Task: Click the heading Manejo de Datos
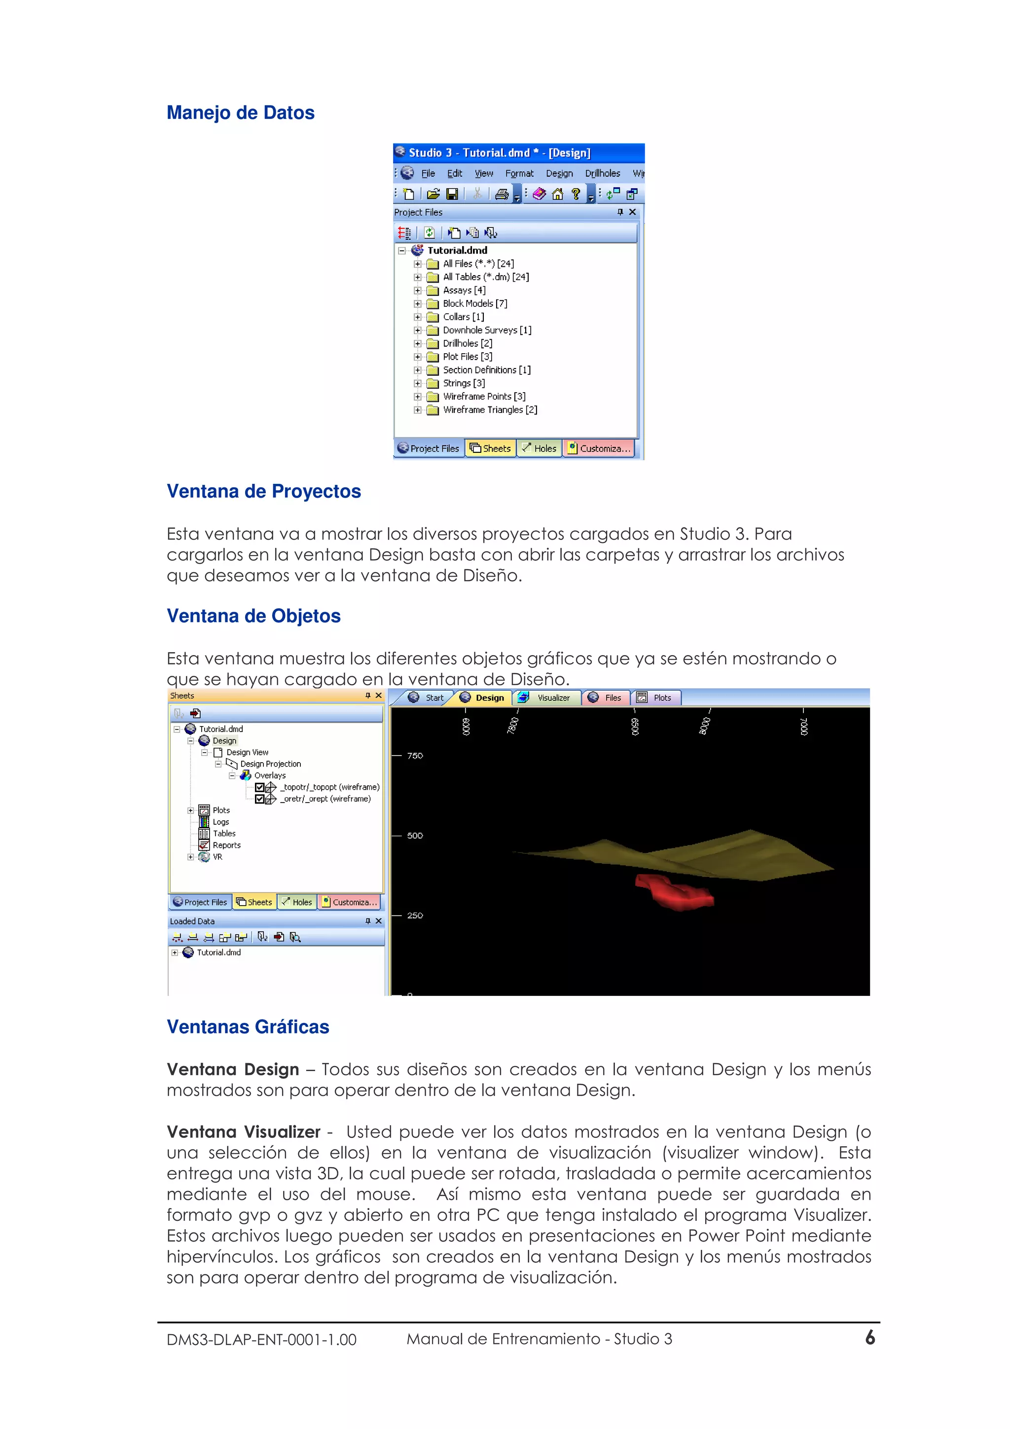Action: (x=240, y=112)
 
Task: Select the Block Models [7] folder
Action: (x=474, y=304)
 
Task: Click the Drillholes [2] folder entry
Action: (x=467, y=343)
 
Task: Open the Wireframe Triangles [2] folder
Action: (x=489, y=410)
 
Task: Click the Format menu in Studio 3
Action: (x=519, y=174)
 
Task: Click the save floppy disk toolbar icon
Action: (x=452, y=194)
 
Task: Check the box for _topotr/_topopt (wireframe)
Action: (x=260, y=787)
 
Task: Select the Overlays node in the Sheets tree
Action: (x=269, y=775)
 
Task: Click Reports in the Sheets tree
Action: (x=226, y=845)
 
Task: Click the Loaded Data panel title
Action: (x=192, y=921)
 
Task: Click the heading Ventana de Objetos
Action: (x=253, y=616)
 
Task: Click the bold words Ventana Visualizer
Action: (x=243, y=1132)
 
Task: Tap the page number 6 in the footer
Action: (x=870, y=1338)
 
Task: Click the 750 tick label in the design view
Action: (x=414, y=756)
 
